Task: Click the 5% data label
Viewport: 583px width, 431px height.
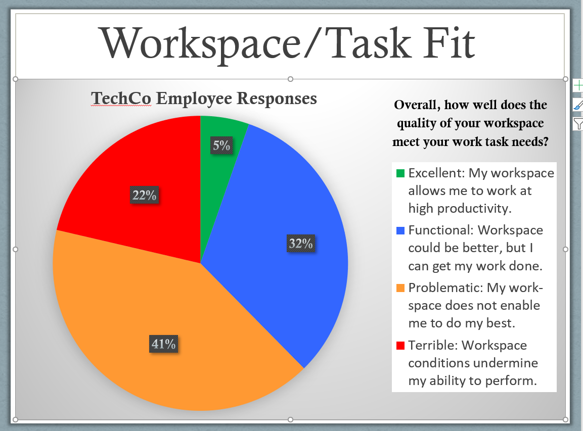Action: [221, 146]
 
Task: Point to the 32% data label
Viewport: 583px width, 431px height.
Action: [301, 244]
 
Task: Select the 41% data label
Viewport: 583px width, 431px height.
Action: [164, 345]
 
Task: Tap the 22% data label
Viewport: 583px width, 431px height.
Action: [145, 195]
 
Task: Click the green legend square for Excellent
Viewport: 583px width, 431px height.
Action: [400, 173]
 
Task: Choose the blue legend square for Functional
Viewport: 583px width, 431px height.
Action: [400, 230]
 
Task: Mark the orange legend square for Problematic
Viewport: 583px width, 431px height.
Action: [400, 288]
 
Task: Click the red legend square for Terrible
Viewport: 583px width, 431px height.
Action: [400, 346]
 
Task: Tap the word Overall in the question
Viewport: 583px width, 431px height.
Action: [417, 105]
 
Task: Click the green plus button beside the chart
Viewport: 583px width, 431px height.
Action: [578, 86]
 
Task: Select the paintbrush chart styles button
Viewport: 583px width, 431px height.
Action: [578, 105]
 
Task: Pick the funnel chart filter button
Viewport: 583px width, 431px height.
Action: [578, 123]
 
